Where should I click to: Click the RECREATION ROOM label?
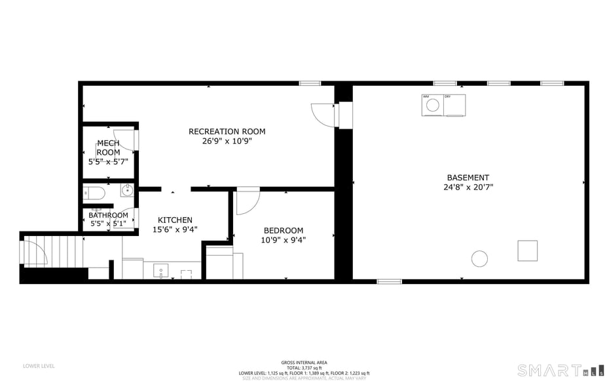click(227, 131)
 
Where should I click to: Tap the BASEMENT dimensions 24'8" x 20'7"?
click(468, 187)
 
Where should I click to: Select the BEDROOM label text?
click(283, 230)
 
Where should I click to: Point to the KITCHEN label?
click(175, 220)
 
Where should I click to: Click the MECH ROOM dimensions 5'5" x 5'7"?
click(108, 161)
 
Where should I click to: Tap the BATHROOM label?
click(108, 215)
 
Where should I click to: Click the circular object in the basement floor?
click(480, 258)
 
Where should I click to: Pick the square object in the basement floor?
click(527, 251)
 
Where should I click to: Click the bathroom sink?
click(127, 191)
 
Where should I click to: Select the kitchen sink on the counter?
click(160, 270)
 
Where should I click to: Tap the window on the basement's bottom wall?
click(389, 281)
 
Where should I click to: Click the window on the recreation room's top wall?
click(310, 83)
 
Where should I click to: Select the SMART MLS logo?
click(560, 370)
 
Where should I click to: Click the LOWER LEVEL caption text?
click(39, 366)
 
